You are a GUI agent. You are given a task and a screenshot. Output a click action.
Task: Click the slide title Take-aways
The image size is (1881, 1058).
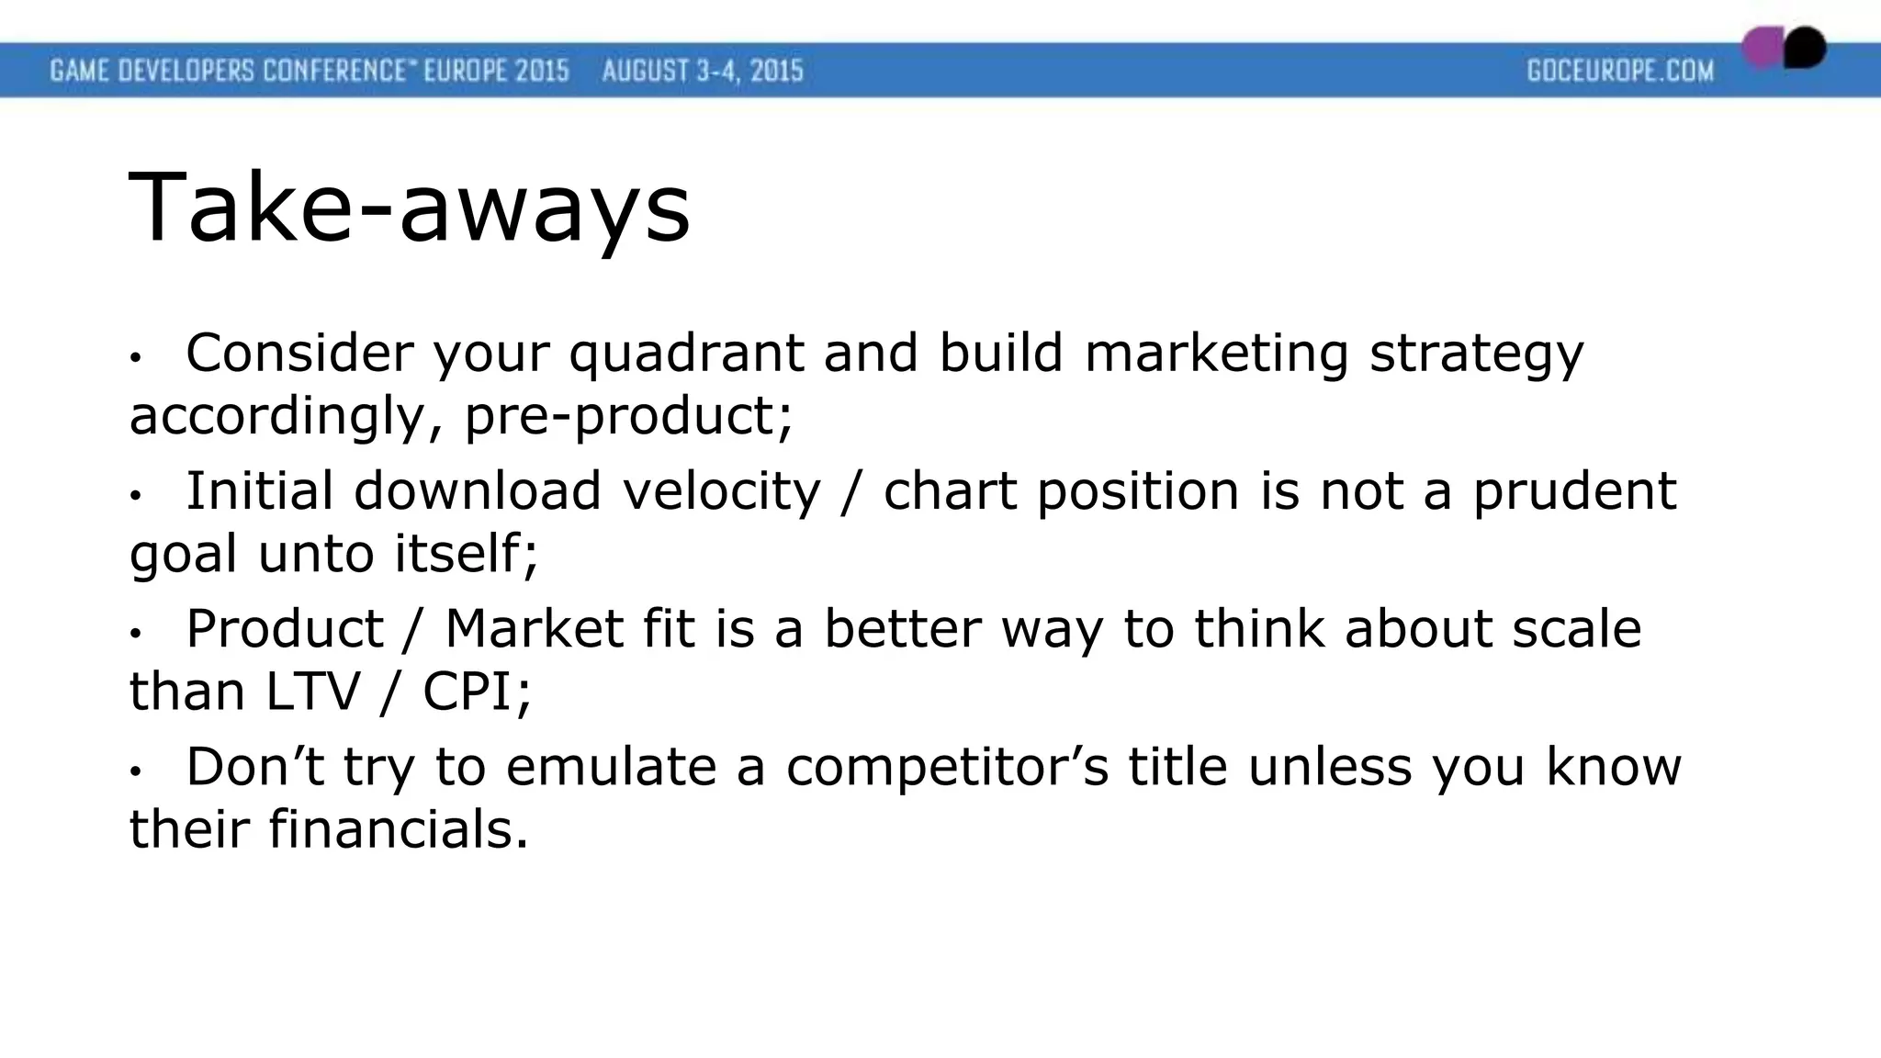point(409,209)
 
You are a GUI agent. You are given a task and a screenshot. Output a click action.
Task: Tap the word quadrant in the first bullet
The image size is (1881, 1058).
point(686,354)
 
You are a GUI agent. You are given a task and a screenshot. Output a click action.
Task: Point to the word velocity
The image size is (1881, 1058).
point(721,491)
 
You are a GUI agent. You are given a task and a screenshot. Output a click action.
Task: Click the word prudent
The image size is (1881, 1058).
point(1574,491)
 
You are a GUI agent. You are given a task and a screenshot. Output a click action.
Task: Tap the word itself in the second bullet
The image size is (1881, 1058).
point(465,554)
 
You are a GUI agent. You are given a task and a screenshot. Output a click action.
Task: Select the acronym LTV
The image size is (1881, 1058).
point(312,692)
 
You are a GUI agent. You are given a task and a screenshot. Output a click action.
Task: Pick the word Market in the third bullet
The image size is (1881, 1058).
point(535,629)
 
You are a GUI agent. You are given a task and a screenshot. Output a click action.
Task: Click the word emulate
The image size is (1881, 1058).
point(611,767)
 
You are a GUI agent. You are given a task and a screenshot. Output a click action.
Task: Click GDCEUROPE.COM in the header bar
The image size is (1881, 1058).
point(1620,71)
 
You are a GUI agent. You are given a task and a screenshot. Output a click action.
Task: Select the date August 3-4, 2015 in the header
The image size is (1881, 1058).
point(703,71)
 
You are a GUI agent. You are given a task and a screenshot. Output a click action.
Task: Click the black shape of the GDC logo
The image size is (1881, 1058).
point(1806,48)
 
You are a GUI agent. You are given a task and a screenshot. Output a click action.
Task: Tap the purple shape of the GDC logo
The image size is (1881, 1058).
point(1763,48)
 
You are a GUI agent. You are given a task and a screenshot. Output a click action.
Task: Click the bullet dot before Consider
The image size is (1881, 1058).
point(135,358)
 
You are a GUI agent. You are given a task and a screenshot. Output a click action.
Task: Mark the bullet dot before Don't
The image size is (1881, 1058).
point(135,771)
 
